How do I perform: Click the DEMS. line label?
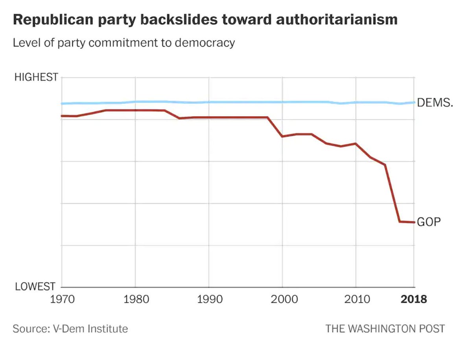pos(435,103)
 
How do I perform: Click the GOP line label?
pos(428,222)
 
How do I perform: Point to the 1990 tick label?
pos(208,299)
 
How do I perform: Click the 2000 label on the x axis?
pos(282,299)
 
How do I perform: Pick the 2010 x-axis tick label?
pos(356,299)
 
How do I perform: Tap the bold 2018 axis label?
pos(413,299)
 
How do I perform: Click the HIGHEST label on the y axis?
pos(36,77)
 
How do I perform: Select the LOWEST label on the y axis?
pos(35,287)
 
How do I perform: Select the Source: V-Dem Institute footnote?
pos(70,329)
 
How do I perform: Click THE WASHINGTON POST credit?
pos(385,329)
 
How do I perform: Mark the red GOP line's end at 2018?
pos(414,222)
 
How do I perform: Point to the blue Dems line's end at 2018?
pos(414,103)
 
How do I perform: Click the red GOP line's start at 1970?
pos(62,116)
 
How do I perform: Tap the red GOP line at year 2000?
pos(282,136)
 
